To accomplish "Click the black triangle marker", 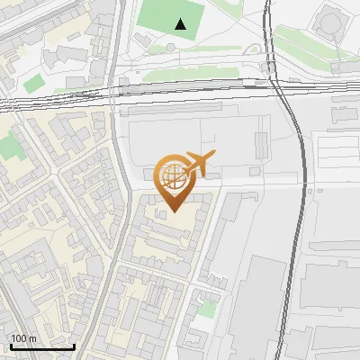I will [x=181, y=24].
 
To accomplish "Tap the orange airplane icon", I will [x=198, y=165].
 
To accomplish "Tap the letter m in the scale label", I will [x=32, y=338].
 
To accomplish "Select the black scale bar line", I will [x=42, y=346].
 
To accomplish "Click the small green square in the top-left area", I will [x=33, y=85].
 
